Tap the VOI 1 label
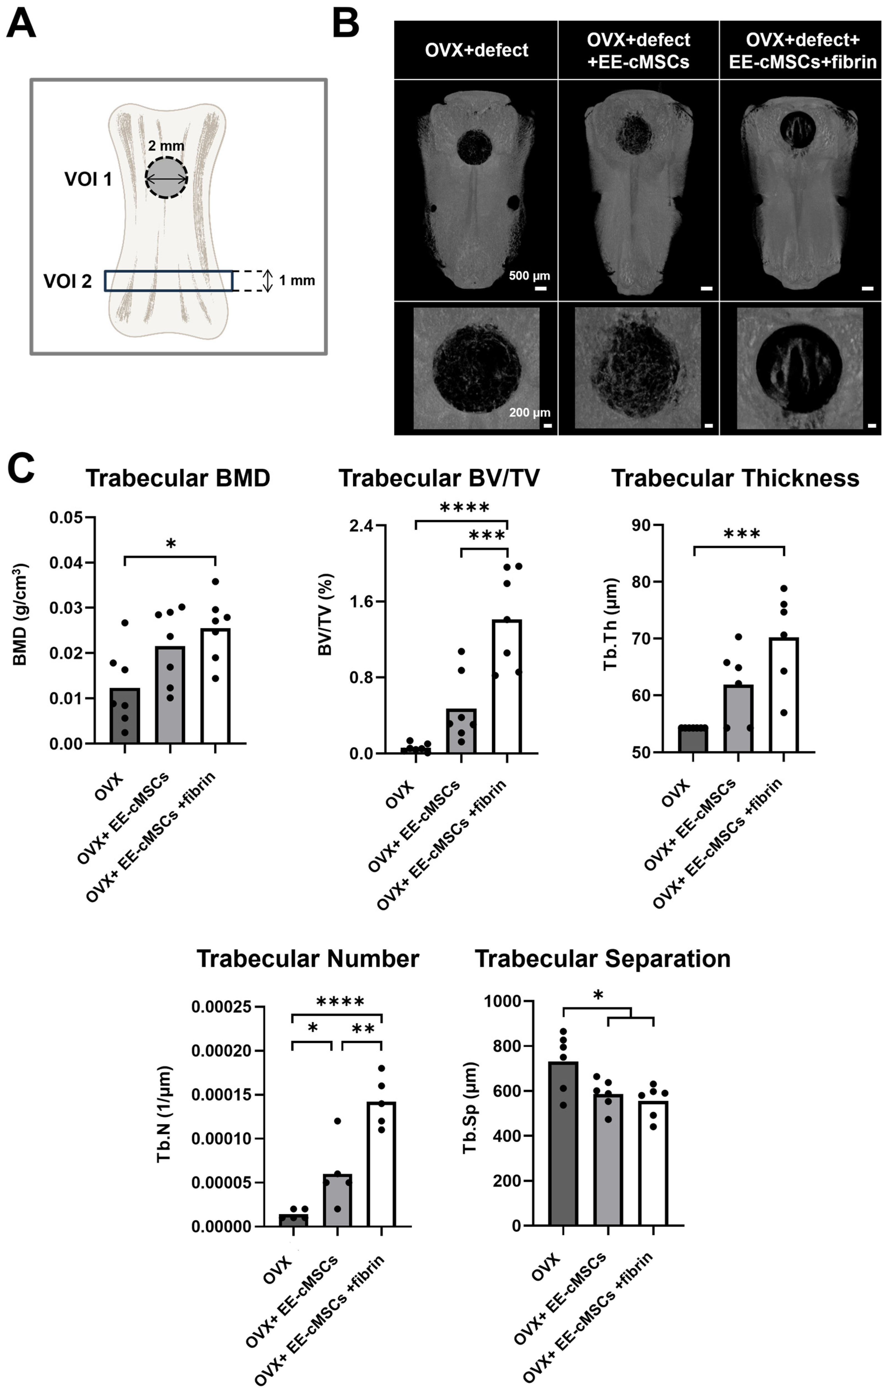[88, 180]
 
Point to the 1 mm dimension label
[297, 281]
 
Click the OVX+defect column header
[476, 50]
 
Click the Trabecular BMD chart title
[178, 478]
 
